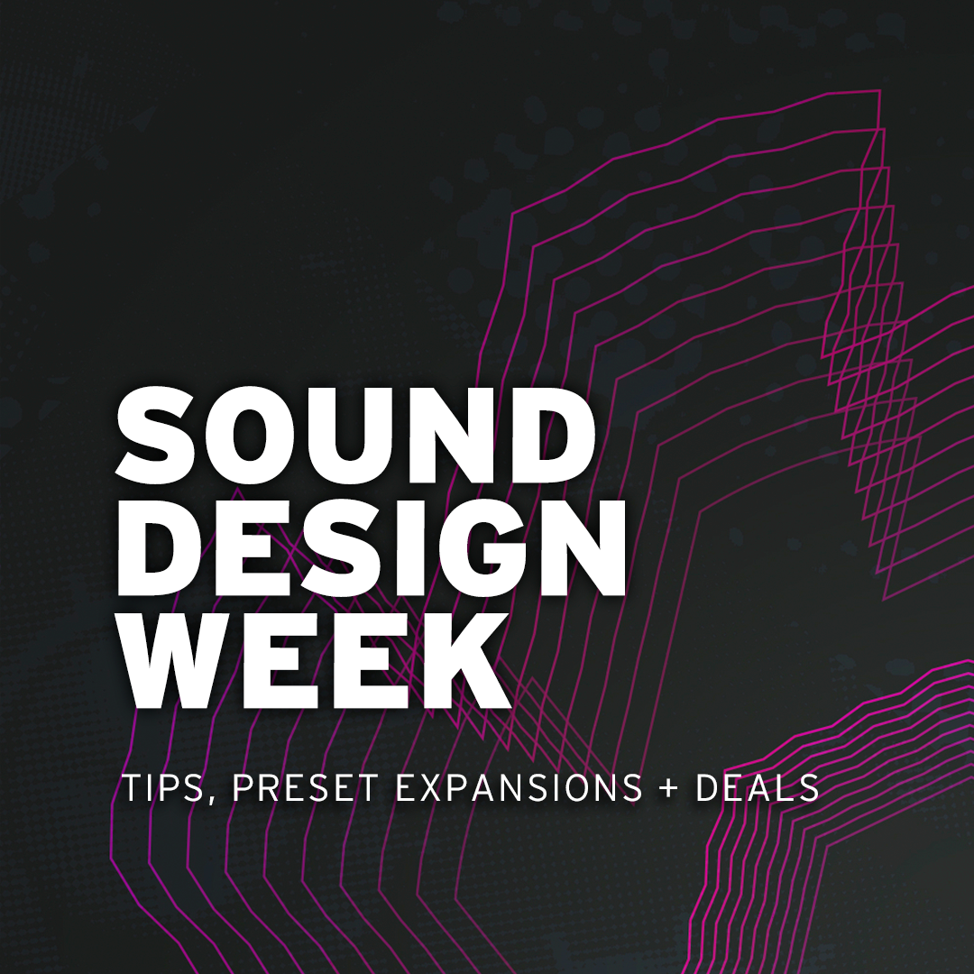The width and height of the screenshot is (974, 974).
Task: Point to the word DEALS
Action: point(758,787)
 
